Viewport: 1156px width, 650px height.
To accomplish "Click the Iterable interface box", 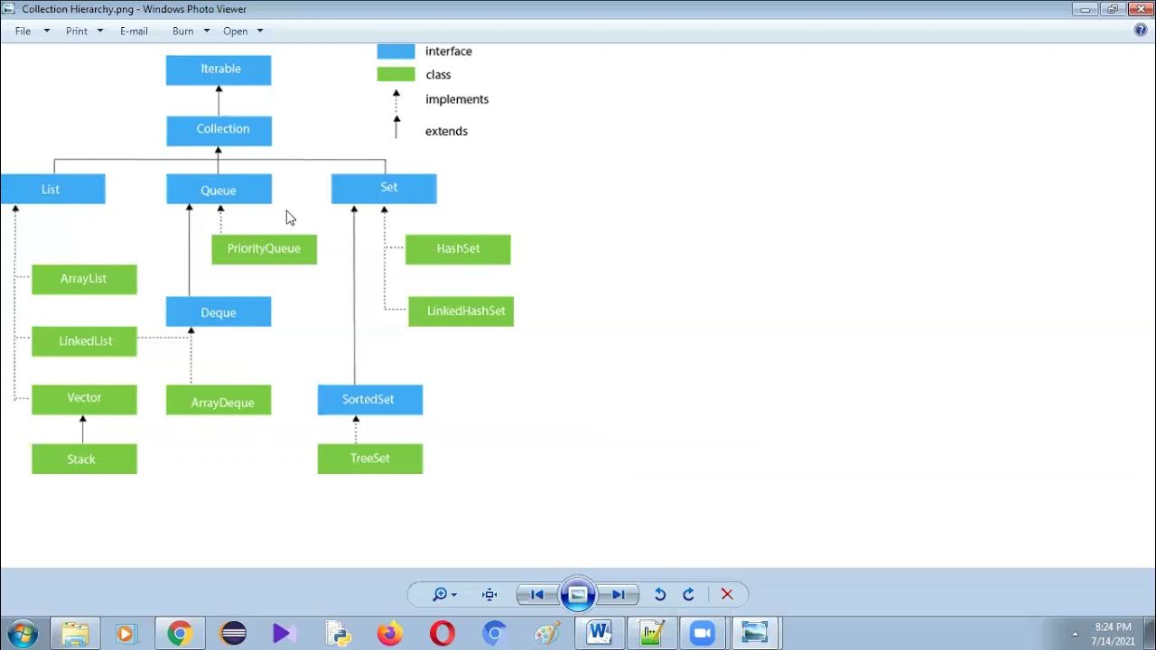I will (x=219, y=70).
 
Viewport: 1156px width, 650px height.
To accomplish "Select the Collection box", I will (x=219, y=130).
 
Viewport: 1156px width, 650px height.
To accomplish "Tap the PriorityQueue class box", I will (x=264, y=249).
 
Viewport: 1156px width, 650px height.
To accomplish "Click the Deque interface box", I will (x=219, y=312).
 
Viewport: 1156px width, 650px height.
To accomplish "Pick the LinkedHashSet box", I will (x=461, y=311).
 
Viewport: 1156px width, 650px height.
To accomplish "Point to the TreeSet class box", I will (x=369, y=459).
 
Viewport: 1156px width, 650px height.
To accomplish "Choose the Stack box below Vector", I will (x=84, y=459).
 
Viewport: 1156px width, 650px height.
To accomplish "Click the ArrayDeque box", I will (x=219, y=401).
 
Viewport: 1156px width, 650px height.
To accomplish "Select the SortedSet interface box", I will (x=369, y=400).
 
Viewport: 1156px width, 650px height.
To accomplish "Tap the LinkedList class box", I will (x=84, y=341).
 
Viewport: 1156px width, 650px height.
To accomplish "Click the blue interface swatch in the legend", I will (x=396, y=51).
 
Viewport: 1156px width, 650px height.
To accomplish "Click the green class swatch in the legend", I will (x=396, y=75).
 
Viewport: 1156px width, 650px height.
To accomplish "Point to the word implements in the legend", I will (x=457, y=99).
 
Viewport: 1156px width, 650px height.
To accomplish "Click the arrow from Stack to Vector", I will (x=83, y=430).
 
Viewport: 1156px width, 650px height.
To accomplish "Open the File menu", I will (x=23, y=31).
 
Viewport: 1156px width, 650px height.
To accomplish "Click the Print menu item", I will (x=77, y=31).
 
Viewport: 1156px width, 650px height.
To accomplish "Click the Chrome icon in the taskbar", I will (x=180, y=634).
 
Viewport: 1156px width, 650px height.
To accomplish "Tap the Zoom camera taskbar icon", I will (x=702, y=634).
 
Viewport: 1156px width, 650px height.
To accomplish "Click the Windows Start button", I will (x=22, y=634).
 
